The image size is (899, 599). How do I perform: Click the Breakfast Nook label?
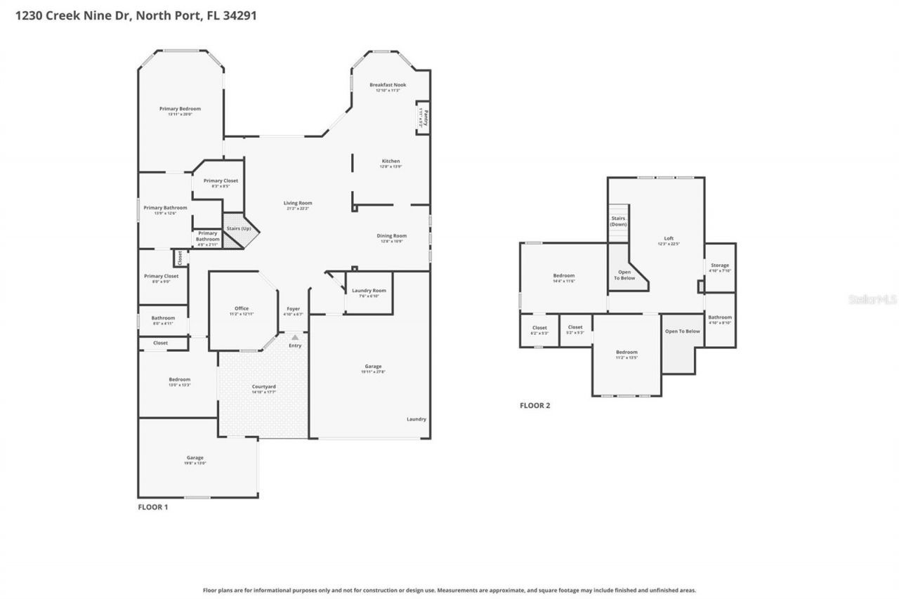pyautogui.click(x=388, y=85)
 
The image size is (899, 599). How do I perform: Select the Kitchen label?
pyautogui.click(x=391, y=162)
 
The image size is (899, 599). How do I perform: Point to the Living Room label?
pyautogui.click(x=298, y=203)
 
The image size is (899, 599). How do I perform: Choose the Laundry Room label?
pyautogui.click(x=369, y=291)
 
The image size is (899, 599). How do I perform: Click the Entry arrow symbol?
pyautogui.click(x=295, y=338)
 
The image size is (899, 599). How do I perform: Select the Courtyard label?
pyautogui.click(x=264, y=387)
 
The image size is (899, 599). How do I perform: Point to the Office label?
pyautogui.click(x=242, y=309)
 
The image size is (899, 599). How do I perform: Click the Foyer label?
pyautogui.click(x=293, y=309)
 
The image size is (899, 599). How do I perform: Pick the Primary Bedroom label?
pyautogui.click(x=180, y=109)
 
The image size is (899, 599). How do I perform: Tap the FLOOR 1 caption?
pyautogui.click(x=152, y=506)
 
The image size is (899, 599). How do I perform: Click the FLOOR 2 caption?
pyautogui.click(x=534, y=405)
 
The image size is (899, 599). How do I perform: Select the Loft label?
pyautogui.click(x=669, y=238)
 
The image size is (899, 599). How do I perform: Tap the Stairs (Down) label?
pyautogui.click(x=618, y=221)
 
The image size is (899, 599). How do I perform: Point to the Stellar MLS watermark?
pyautogui.click(x=872, y=299)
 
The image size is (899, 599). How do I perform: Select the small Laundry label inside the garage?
pyautogui.click(x=416, y=419)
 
